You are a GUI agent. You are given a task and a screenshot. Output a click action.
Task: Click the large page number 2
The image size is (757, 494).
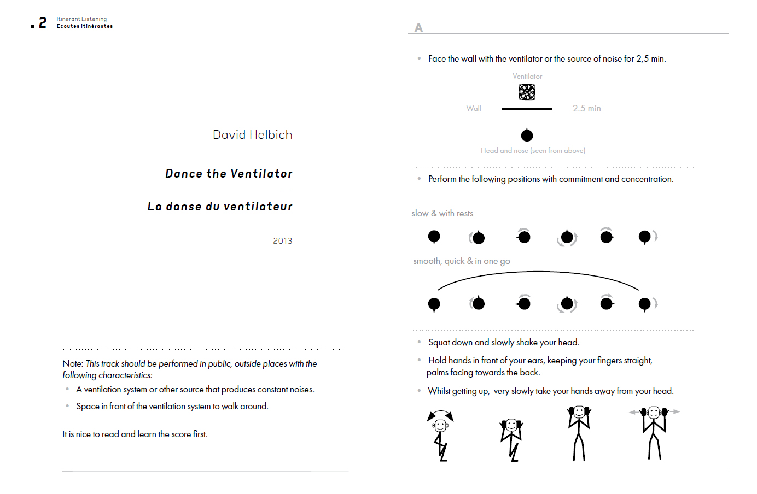point(43,22)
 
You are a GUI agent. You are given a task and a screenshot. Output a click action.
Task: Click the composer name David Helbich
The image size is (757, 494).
point(253,135)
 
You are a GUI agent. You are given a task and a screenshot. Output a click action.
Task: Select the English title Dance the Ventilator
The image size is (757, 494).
point(229,174)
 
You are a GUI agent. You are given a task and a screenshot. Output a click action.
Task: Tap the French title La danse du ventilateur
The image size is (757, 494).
point(220,207)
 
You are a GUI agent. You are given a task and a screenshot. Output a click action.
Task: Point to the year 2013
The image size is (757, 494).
point(283,241)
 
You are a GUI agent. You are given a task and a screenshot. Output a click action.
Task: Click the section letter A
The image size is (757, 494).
point(418,28)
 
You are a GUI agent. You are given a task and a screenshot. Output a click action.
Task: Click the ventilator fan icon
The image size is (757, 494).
point(527,92)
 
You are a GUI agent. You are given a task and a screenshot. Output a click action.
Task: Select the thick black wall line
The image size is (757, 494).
point(527,109)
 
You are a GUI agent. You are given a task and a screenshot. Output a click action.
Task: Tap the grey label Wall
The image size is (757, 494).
point(474,108)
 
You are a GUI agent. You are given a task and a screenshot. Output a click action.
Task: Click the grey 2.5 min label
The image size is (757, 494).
point(587,108)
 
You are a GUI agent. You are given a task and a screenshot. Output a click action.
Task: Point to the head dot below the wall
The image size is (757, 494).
point(527,135)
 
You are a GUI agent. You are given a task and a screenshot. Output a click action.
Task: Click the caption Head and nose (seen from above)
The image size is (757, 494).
point(533,151)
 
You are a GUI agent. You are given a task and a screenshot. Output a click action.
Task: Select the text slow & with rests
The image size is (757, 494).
point(442,214)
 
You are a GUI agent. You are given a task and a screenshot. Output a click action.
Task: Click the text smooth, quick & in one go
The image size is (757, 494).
point(462,261)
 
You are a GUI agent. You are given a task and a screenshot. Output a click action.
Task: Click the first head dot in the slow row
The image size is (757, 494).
point(434,237)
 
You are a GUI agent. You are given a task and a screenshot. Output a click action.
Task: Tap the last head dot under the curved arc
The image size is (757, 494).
point(645,304)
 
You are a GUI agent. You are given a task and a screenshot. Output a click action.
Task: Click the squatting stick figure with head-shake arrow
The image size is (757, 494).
point(440,436)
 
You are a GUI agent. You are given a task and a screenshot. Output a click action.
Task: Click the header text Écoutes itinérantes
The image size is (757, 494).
point(85,26)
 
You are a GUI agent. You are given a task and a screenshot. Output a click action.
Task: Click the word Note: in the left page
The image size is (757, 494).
point(73,363)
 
